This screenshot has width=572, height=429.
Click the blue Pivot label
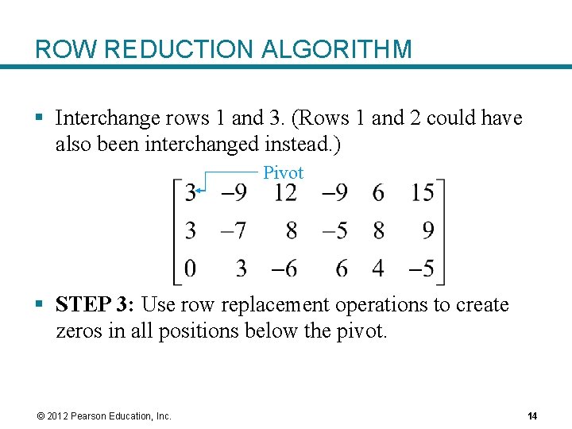coord(283,172)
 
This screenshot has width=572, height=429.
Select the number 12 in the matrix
coord(284,192)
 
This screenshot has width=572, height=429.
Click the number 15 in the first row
coord(423,192)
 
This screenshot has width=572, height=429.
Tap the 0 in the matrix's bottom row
coord(191,269)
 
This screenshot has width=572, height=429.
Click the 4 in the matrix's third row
coord(378,269)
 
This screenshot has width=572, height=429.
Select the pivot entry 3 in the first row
coord(191,192)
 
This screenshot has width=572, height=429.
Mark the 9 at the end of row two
coord(428,230)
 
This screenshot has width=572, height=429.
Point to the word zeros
coord(78,330)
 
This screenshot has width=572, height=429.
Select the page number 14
coord(532,416)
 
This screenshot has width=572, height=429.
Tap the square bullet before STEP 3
coord(40,305)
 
